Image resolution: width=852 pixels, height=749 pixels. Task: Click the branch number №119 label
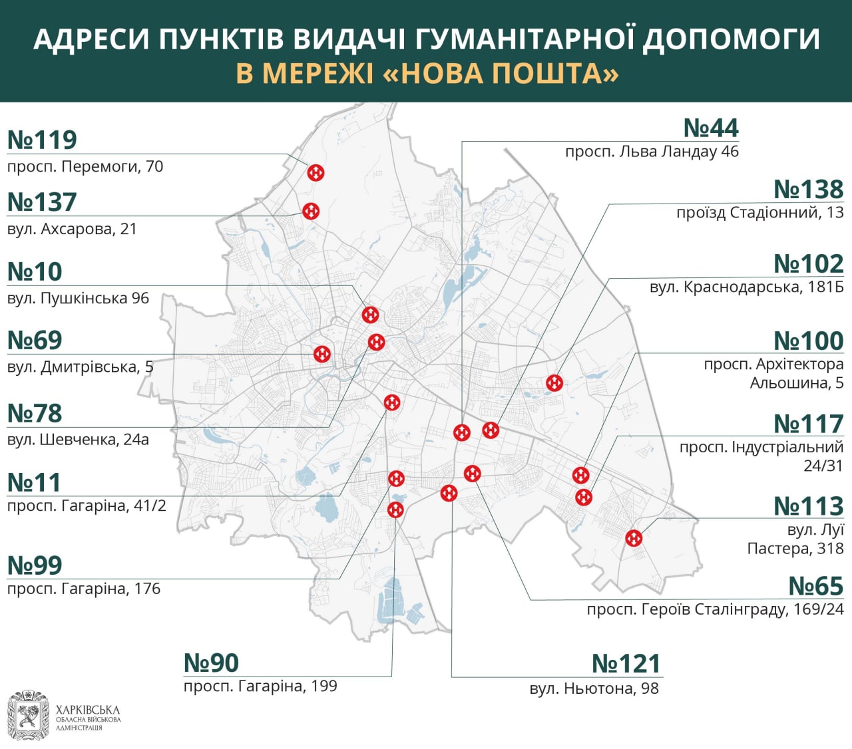tap(42, 140)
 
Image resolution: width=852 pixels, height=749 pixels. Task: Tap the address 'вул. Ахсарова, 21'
tap(72, 229)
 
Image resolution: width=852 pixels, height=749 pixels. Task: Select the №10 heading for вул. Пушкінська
tap(35, 271)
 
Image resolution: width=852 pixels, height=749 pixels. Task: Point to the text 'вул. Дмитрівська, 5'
tap(80, 367)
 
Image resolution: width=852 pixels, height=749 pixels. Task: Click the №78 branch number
tap(35, 413)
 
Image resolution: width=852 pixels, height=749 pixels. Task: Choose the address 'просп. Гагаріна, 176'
tap(84, 589)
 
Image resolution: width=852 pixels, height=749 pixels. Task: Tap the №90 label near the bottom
tap(211, 663)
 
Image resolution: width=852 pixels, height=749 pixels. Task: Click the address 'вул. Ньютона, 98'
tap(594, 688)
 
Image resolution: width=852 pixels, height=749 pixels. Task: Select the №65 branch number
tap(815, 586)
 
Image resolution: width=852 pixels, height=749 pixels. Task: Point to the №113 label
tap(808, 506)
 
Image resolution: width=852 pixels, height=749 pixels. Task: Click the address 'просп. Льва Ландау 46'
tap(652, 152)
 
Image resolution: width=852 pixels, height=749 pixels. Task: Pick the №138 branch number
tap(808, 189)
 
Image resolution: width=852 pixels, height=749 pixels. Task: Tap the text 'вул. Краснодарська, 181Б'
tap(746, 287)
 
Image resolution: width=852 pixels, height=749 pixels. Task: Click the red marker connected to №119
tap(316, 173)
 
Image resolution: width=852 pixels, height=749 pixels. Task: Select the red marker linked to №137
tap(311, 211)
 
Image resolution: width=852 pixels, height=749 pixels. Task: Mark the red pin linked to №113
tap(634, 537)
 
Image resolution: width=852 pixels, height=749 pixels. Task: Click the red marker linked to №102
tap(554, 383)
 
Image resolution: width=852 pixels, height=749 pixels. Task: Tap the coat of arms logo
tap(28, 716)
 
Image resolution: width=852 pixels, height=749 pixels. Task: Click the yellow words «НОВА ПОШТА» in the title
tap(501, 73)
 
